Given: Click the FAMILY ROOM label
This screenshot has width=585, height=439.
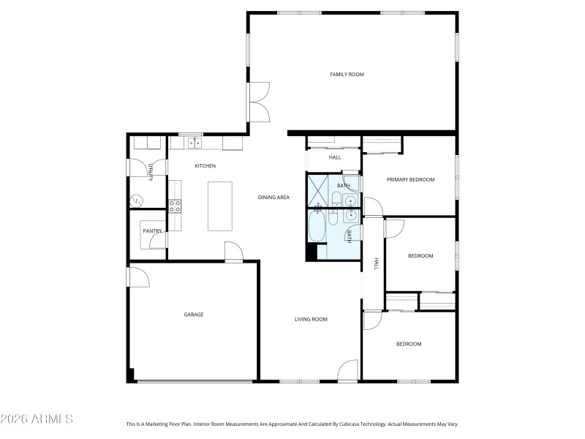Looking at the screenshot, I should click(x=347, y=75).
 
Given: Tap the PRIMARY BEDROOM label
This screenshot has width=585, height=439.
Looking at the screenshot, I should click(x=410, y=179).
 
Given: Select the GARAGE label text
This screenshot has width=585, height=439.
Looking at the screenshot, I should click(x=193, y=315).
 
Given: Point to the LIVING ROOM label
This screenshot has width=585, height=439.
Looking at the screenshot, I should click(x=311, y=319).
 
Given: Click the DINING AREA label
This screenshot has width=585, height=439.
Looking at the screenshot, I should click(x=273, y=198).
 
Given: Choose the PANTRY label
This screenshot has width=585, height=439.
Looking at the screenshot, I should click(x=152, y=231).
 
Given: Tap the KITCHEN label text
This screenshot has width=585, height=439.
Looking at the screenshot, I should click(x=205, y=166).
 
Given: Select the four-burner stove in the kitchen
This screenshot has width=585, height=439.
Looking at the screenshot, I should click(x=175, y=206).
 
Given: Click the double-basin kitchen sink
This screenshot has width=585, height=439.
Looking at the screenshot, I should click(x=192, y=143).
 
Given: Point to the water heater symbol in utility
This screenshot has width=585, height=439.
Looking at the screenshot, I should click(x=137, y=200).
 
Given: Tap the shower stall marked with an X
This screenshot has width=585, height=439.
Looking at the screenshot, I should click(x=318, y=190).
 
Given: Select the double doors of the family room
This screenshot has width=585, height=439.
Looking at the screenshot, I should click(x=259, y=102).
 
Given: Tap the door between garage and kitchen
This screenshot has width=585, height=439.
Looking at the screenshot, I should click(x=235, y=252).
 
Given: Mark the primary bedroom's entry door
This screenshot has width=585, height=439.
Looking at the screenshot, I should click(x=372, y=207).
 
